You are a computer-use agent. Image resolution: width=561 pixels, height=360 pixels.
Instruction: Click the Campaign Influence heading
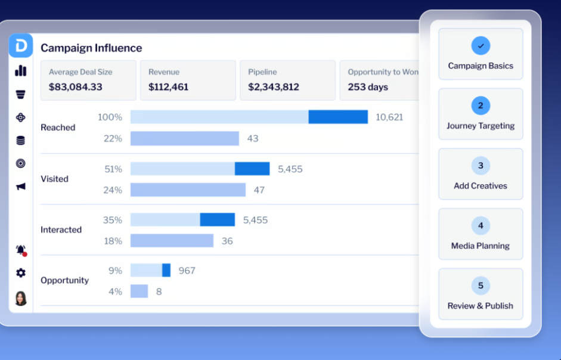point(91,48)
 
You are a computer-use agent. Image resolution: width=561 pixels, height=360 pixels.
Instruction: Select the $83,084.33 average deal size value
point(76,87)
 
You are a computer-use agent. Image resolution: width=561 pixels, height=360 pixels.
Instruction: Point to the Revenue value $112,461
point(168,87)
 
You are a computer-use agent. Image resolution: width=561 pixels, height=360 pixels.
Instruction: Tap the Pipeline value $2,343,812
point(273,87)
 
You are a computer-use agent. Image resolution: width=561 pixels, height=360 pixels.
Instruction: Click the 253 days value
point(368,87)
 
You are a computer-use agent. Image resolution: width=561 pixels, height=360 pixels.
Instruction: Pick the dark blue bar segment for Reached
point(338,117)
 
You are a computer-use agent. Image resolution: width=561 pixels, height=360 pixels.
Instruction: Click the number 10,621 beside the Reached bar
point(389,117)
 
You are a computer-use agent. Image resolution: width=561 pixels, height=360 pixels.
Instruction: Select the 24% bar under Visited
point(188,190)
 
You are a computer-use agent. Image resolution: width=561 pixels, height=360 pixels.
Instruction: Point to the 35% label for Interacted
point(113,220)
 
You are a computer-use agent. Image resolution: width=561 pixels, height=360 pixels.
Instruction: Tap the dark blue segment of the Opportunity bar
point(166,270)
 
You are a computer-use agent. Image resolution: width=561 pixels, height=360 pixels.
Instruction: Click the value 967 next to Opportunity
point(187,271)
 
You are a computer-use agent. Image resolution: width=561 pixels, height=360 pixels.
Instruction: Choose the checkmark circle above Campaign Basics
point(481,46)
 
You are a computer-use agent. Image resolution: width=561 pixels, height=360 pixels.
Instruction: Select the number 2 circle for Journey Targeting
point(481,105)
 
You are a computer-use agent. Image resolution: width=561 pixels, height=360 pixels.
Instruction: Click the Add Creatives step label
point(481,186)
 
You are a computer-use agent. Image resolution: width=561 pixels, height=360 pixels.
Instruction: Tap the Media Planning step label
point(481,246)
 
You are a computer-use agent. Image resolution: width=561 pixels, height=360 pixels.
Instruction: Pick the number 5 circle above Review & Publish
point(481,285)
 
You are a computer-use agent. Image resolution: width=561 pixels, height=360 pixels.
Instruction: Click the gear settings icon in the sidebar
point(21,273)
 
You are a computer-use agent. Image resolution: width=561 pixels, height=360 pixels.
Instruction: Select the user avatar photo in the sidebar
point(21,298)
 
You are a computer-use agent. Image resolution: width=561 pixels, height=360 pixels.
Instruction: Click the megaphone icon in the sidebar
point(21,187)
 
